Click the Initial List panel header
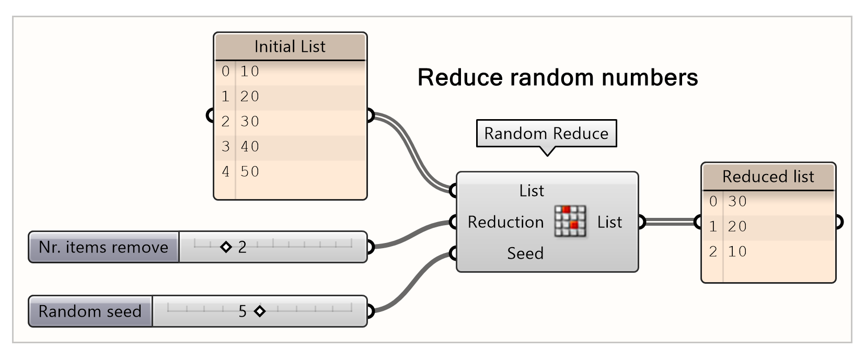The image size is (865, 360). (x=290, y=47)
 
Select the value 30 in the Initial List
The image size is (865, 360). (x=250, y=121)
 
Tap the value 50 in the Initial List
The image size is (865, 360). (x=250, y=171)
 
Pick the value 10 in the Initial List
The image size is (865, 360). (x=250, y=71)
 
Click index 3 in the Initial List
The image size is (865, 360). (x=225, y=146)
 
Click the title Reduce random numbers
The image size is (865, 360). (x=558, y=77)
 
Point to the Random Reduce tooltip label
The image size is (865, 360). (x=546, y=133)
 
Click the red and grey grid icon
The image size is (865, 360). (x=570, y=221)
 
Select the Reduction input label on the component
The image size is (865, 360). (x=505, y=222)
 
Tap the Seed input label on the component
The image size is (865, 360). (x=525, y=253)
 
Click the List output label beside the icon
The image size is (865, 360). (x=609, y=222)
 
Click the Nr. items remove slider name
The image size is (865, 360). (x=103, y=247)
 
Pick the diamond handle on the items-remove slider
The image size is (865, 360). (x=226, y=247)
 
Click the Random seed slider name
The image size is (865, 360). (x=90, y=311)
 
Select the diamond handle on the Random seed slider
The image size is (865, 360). (x=260, y=311)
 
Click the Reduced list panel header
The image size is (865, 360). (x=768, y=177)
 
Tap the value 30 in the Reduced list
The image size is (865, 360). (x=737, y=201)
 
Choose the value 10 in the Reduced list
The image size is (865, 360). (x=737, y=251)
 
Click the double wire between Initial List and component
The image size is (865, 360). (x=413, y=152)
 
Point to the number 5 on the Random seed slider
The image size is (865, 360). (x=243, y=311)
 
